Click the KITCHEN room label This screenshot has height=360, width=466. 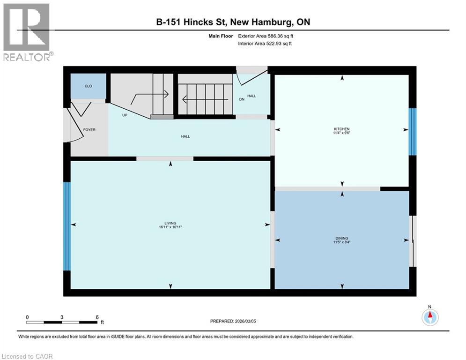(x=342, y=129)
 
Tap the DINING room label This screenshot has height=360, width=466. (x=342, y=238)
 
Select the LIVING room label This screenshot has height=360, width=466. (x=170, y=223)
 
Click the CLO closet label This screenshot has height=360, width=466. (x=88, y=86)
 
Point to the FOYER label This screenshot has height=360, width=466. (x=89, y=130)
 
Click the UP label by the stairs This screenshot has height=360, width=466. (x=125, y=115)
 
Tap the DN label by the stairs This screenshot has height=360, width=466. (x=242, y=99)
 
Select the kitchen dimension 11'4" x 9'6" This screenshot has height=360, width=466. (x=342, y=133)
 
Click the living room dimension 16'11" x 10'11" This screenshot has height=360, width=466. (x=170, y=227)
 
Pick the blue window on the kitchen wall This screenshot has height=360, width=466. (x=412, y=132)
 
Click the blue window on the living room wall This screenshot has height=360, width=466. (x=67, y=226)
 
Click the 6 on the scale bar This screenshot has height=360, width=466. (x=96, y=317)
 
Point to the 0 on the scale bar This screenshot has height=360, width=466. (x=27, y=317)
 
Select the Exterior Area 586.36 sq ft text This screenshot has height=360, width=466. (x=266, y=36)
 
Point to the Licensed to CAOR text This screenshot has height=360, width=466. (x=28, y=356)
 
